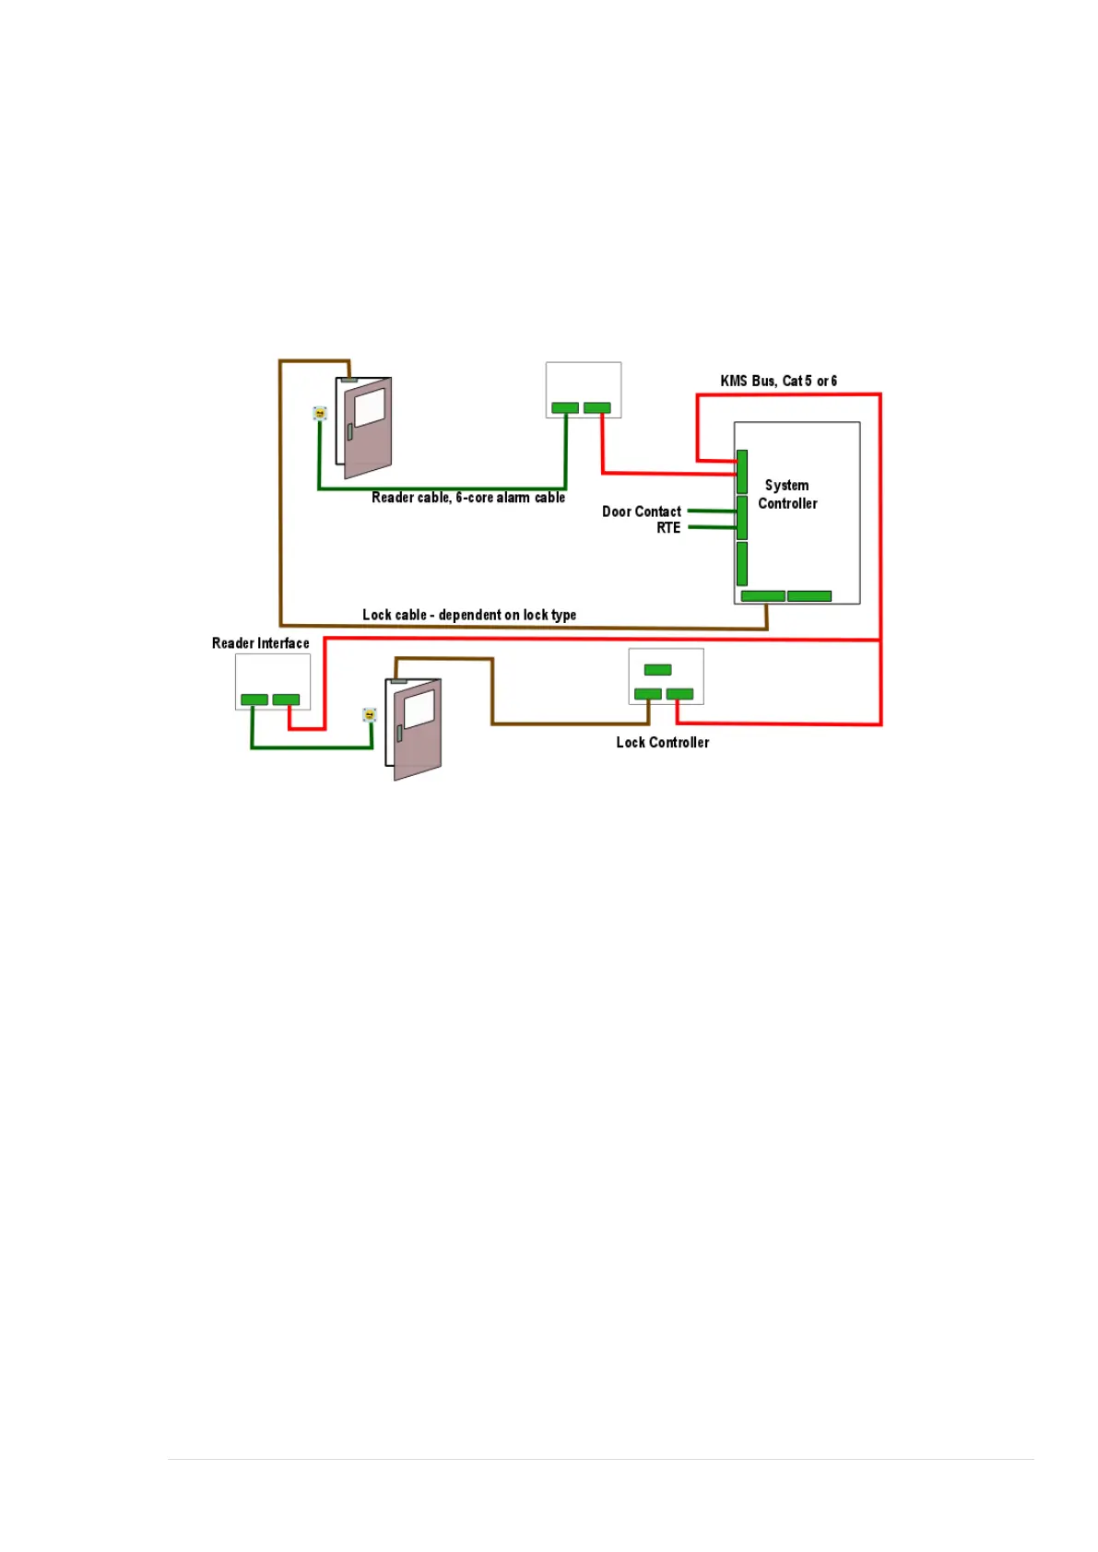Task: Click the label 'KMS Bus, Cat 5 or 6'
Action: coord(778,381)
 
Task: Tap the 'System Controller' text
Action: coord(787,494)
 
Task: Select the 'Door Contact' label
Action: coord(642,511)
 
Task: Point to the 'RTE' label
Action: coord(668,528)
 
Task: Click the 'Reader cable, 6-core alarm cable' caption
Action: coord(468,498)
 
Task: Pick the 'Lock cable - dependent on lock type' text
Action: coord(469,615)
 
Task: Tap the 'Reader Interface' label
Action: coord(261,643)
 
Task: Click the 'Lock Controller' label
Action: coord(663,743)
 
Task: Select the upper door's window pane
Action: coord(370,406)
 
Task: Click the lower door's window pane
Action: coord(419,708)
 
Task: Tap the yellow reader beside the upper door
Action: coord(320,414)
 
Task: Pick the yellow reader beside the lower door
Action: coord(370,715)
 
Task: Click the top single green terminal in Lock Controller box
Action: coord(657,670)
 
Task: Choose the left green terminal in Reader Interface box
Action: coord(254,700)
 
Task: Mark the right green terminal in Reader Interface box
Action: coord(287,700)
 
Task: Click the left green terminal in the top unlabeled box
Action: coord(565,407)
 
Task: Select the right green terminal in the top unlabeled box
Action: coord(597,407)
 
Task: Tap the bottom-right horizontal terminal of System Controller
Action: coord(809,596)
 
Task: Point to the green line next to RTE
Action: coord(712,527)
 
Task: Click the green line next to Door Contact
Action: coord(712,511)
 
